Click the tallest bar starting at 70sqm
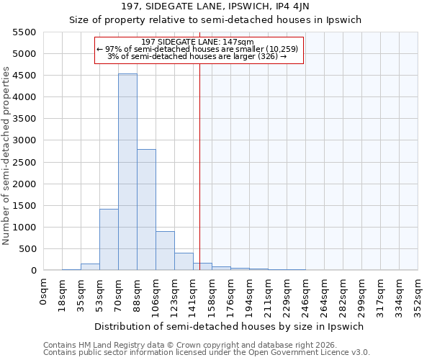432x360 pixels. (x=127, y=172)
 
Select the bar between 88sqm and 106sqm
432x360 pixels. (x=146, y=210)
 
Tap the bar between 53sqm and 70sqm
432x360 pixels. (x=109, y=240)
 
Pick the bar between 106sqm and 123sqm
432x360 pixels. (x=165, y=251)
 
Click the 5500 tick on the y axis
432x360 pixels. (x=24, y=32)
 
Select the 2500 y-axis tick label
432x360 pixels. (x=24, y=163)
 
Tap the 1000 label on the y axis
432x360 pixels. (x=24, y=228)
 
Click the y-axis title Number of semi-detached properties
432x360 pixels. (x=6, y=155)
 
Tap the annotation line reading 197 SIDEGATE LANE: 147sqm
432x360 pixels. (x=198, y=42)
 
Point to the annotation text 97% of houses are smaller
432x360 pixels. (x=198, y=49)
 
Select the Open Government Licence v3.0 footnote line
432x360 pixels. (x=206, y=353)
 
